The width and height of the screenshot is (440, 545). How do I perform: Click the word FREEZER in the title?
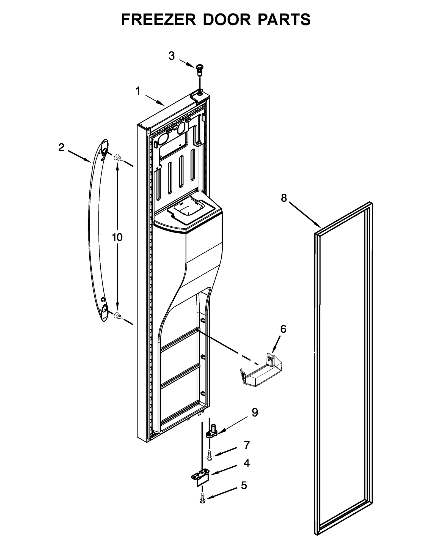point(158,20)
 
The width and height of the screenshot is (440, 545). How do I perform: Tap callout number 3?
point(171,56)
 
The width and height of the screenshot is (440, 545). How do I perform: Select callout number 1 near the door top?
point(138,91)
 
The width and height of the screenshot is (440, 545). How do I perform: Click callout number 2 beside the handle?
point(61,147)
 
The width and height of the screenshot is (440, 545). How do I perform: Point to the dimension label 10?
point(117,237)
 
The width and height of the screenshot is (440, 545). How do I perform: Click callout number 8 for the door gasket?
point(284,198)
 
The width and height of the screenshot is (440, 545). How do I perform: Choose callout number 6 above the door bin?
point(283,329)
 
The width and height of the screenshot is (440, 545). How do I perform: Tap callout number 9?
point(255,412)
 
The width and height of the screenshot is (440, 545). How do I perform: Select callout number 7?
point(247,445)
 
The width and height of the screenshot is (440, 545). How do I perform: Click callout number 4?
point(247,463)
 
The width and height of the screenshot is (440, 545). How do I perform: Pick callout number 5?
point(244,486)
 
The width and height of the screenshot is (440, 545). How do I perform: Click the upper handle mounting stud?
point(118,158)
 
